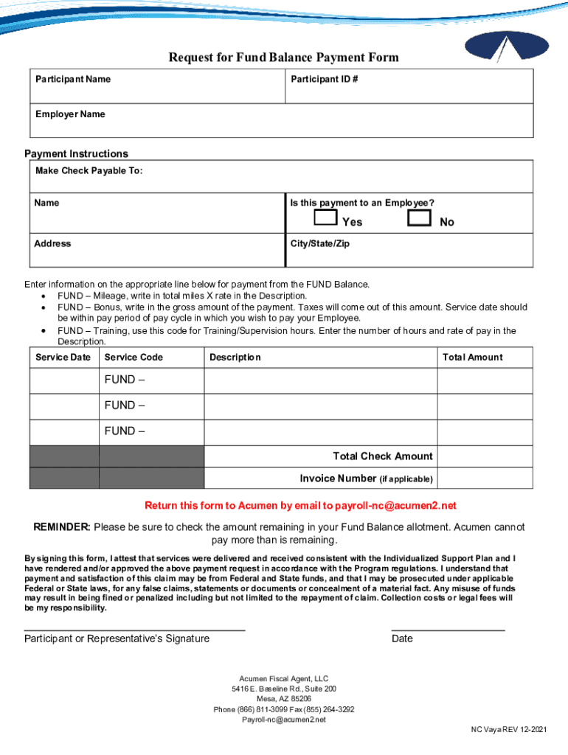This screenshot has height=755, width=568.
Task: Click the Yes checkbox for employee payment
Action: [325, 218]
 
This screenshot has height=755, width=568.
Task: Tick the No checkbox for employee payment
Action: [420, 218]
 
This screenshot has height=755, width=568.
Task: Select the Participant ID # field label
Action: [325, 79]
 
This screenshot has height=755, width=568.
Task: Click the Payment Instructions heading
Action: [76, 153]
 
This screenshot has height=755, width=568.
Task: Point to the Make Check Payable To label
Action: [89, 171]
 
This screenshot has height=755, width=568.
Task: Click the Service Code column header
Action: [134, 357]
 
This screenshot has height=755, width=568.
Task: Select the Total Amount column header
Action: [472, 357]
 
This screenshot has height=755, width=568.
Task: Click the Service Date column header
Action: [63, 357]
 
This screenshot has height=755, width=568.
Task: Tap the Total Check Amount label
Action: [382, 456]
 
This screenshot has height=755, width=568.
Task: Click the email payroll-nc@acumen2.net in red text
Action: [395, 505]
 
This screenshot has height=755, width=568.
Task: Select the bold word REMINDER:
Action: [62, 527]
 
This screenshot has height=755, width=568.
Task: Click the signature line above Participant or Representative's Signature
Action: [134, 630]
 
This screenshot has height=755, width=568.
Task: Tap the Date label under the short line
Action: [402, 639]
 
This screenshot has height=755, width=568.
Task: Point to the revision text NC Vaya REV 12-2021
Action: [509, 729]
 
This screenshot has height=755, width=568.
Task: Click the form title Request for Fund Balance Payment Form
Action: [283, 58]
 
